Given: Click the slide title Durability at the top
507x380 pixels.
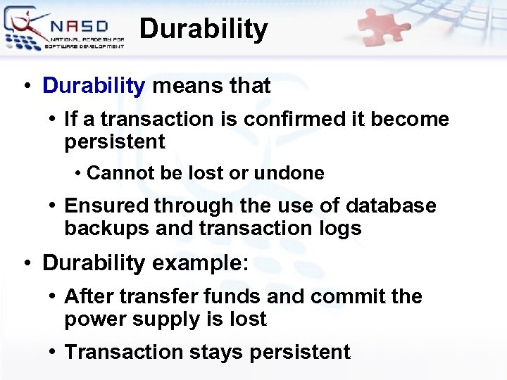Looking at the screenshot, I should [204, 30].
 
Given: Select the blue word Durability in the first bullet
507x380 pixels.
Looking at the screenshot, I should [93, 86].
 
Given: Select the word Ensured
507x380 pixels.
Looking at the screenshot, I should [106, 206].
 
